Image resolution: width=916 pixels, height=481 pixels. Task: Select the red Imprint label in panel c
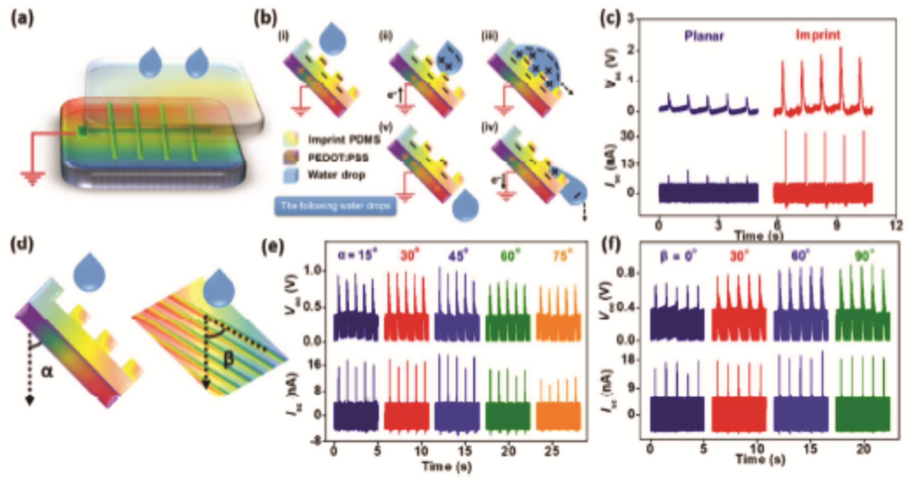tap(818, 35)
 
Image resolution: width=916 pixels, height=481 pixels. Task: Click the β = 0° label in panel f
tap(679, 256)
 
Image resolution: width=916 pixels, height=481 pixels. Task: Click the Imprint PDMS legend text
tap(343, 139)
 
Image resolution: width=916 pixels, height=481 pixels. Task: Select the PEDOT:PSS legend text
tap(338, 157)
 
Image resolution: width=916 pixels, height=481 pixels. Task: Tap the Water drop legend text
tap(336, 175)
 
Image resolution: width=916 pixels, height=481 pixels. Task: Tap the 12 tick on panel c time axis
tap(896, 226)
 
